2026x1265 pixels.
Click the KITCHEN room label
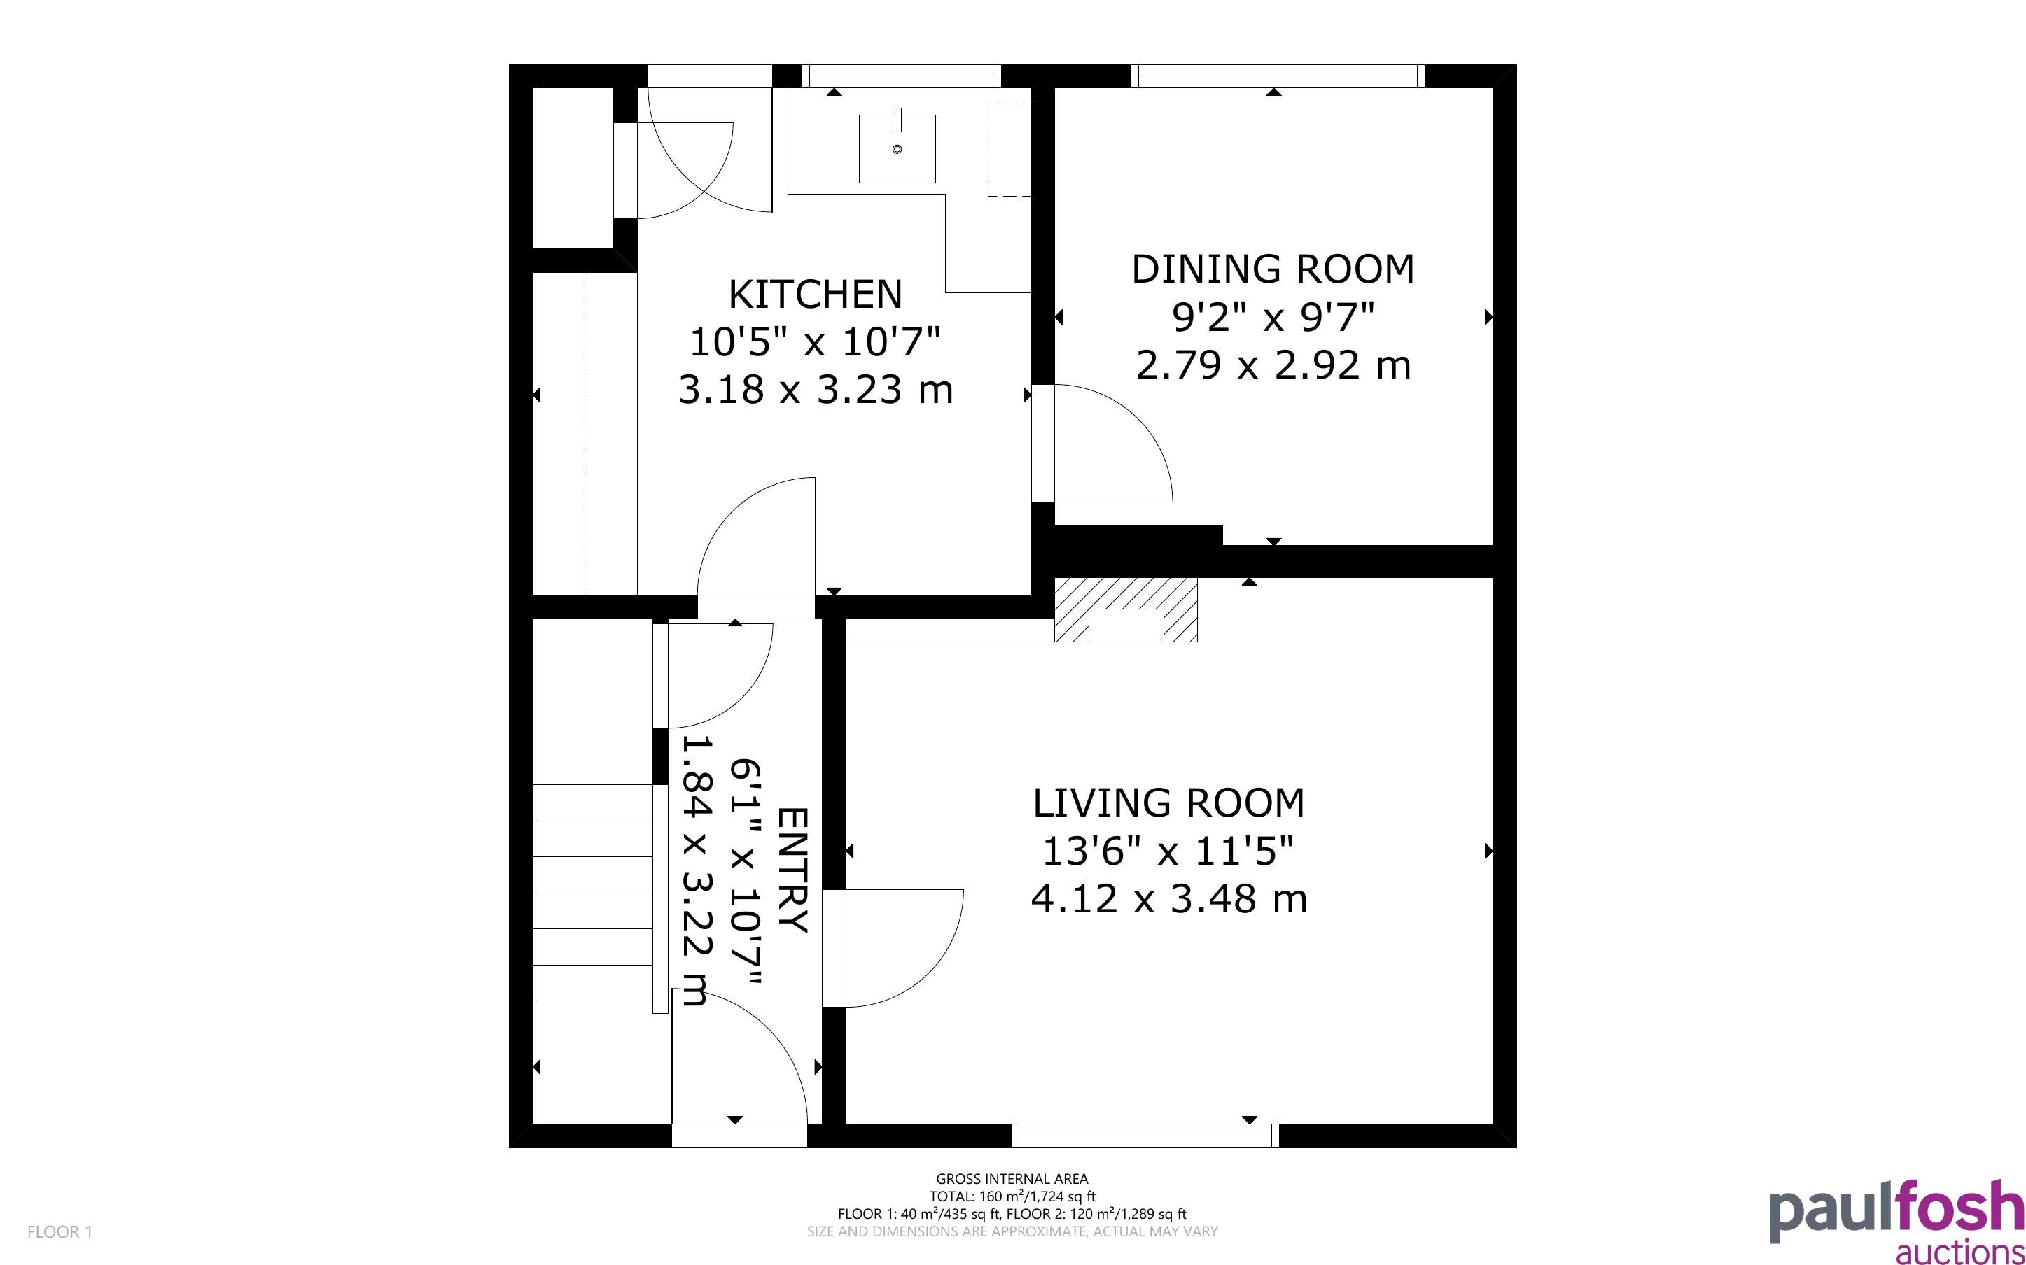815,295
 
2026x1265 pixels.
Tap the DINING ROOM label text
1273,269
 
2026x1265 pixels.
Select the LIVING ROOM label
1168,803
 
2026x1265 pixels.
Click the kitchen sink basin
897,148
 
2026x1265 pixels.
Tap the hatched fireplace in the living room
1126,610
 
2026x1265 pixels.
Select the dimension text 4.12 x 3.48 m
1168,899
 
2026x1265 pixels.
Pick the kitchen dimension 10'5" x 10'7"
815,341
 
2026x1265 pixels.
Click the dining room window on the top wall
1278,76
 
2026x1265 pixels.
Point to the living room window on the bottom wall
1145,1136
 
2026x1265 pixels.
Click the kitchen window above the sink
901,76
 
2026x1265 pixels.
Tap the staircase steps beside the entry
592,893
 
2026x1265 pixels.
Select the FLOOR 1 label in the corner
60,1231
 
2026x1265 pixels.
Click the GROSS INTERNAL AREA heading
1012,1179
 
